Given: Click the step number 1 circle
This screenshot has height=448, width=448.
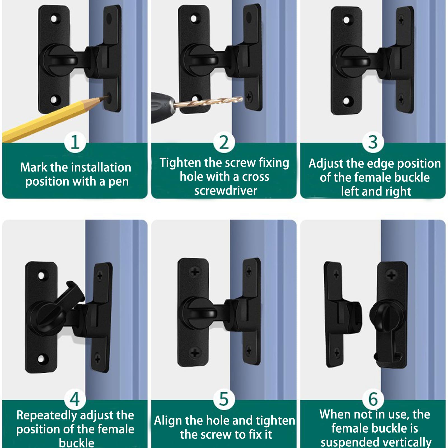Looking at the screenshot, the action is click(75, 142).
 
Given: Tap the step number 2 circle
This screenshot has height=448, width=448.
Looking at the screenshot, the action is click(224, 142).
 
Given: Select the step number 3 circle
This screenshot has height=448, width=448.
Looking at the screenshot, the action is click(373, 142).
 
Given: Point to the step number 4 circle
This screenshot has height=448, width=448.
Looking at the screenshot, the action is click(75, 399).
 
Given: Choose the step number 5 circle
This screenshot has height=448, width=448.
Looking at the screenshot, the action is click(224, 399).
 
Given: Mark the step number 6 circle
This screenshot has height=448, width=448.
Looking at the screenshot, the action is click(373, 399).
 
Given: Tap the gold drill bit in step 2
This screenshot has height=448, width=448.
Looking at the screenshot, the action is click(208, 102).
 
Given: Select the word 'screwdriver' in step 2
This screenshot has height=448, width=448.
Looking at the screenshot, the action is click(226, 191).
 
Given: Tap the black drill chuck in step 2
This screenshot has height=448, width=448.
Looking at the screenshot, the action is click(162, 107).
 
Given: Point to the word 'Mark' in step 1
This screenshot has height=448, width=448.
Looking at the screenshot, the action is click(34, 167).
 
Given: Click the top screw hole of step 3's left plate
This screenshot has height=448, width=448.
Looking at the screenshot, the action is click(347, 20).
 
